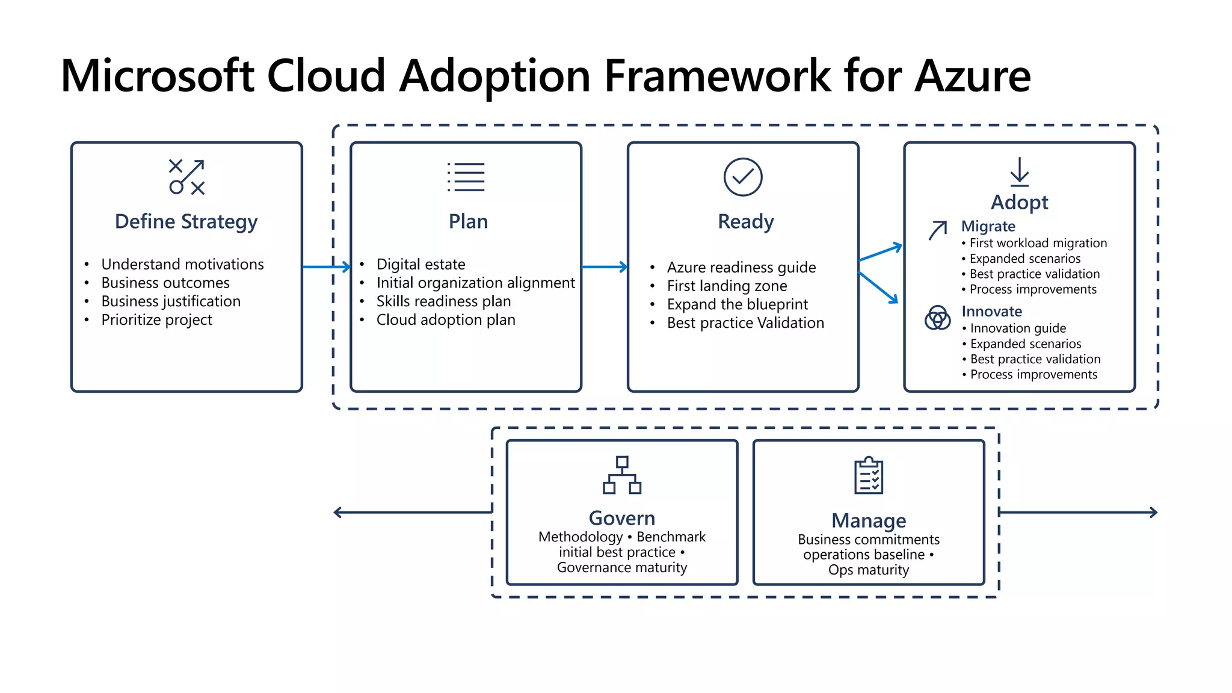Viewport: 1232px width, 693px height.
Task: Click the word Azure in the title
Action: tap(972, 76)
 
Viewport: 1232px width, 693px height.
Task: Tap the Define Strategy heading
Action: tap(186, 221)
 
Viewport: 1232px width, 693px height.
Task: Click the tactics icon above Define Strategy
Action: tap(186, 177)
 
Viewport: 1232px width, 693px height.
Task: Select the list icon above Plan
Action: tap(466, 177)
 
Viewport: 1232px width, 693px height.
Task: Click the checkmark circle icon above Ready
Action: tap(743, 177)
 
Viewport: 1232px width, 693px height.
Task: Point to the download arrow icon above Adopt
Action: tap(1019, 172)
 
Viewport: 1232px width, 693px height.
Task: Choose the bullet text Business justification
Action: tap(171, 301)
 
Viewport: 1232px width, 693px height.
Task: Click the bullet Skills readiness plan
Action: tap(443, 301)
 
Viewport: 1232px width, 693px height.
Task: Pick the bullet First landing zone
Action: tap(727, 286)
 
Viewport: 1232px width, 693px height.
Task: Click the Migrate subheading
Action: tap(988, 226)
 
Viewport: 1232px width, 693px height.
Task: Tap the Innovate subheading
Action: tap(991, 312)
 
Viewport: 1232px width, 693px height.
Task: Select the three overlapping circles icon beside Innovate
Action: tap(937, 318)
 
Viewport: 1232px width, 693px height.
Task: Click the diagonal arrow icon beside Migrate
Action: tap(938, 230)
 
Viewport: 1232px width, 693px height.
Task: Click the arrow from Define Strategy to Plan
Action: tap(326, 266)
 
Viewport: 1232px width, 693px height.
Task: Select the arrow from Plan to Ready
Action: tap(605, 266)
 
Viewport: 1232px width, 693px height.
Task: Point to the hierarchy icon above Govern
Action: tap(622, 475)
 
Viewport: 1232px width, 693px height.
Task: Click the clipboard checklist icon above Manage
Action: tap(869, 476)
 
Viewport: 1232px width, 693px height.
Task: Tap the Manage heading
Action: tap(869, 520)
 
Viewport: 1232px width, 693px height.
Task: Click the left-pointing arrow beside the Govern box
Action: tap(412, 513)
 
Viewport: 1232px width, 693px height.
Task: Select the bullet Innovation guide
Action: tap(1018, 328)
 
